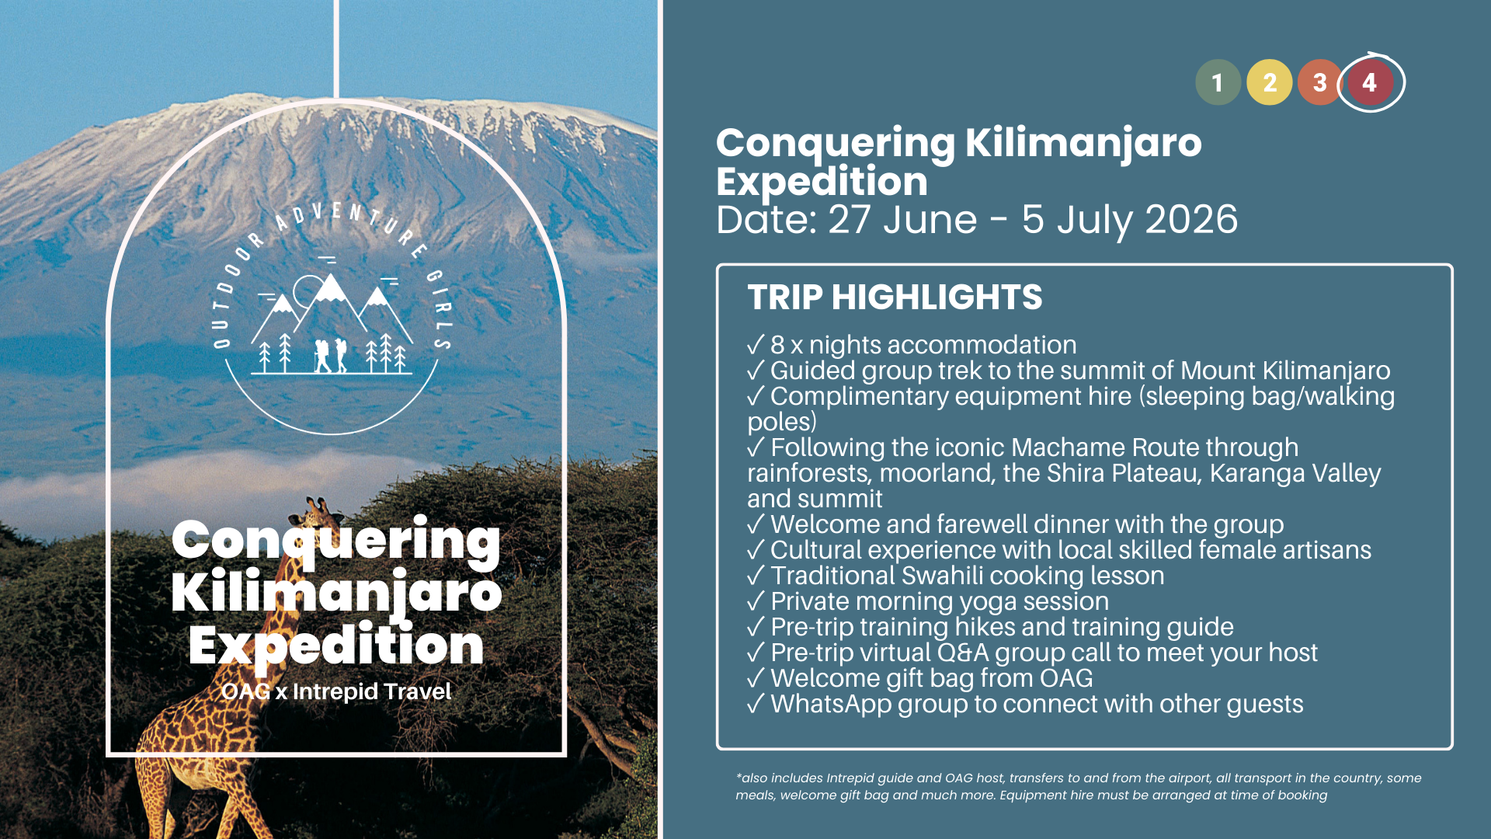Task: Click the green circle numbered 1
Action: coord(1218,82)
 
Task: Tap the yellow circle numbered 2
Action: coord(1270,82)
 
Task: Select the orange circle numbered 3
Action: coord(1319,82)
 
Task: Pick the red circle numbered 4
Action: coord(1370,82)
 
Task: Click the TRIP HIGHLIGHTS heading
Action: coord(895,298)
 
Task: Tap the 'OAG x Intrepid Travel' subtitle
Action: coord(336,691)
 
